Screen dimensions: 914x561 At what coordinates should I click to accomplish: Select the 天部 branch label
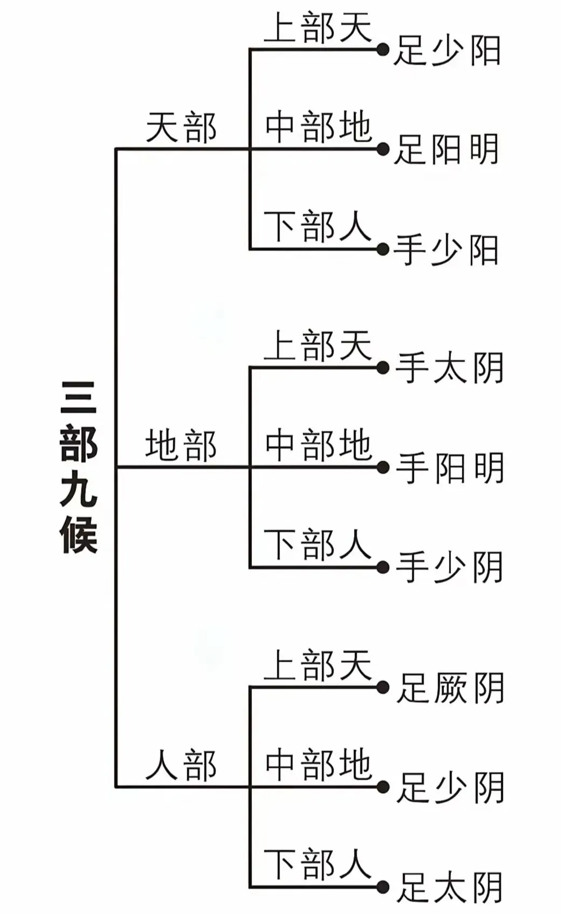[x=181, y=128]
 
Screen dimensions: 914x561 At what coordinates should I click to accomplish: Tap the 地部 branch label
[x=181, y=446]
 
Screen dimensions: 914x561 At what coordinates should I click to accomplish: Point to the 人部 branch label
[x=181, y=765]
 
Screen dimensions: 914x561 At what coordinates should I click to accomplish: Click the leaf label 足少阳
[x=447, y=51]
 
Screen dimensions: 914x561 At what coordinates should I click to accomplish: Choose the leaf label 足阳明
[x=447, y=149]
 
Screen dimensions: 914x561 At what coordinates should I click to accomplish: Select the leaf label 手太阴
[x=450, y=368]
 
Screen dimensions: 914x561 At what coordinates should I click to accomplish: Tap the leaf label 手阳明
[x=450, y=468]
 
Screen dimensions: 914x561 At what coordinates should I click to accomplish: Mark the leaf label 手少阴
[x=450, y=567]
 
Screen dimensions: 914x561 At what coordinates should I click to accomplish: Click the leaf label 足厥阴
[x=450, y=688]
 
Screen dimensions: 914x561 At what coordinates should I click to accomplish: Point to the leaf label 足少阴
[x=450, y=787]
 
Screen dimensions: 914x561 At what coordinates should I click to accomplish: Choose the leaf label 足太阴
[x=450, y=887]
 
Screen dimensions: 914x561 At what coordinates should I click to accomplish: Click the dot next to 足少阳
[x=383, y=50]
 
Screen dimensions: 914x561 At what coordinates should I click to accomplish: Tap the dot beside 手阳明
[x=383, y=468]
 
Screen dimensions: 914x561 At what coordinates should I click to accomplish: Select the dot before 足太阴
[x=383, y=887]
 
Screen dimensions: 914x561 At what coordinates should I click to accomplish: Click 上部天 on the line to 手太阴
[x=318, y=346]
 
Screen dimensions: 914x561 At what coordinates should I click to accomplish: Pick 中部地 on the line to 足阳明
[x=318, y=127]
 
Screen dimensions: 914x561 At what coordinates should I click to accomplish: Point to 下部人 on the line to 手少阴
[x=318, y=545]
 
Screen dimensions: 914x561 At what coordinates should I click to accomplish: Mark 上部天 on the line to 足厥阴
[x=318, y=665]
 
